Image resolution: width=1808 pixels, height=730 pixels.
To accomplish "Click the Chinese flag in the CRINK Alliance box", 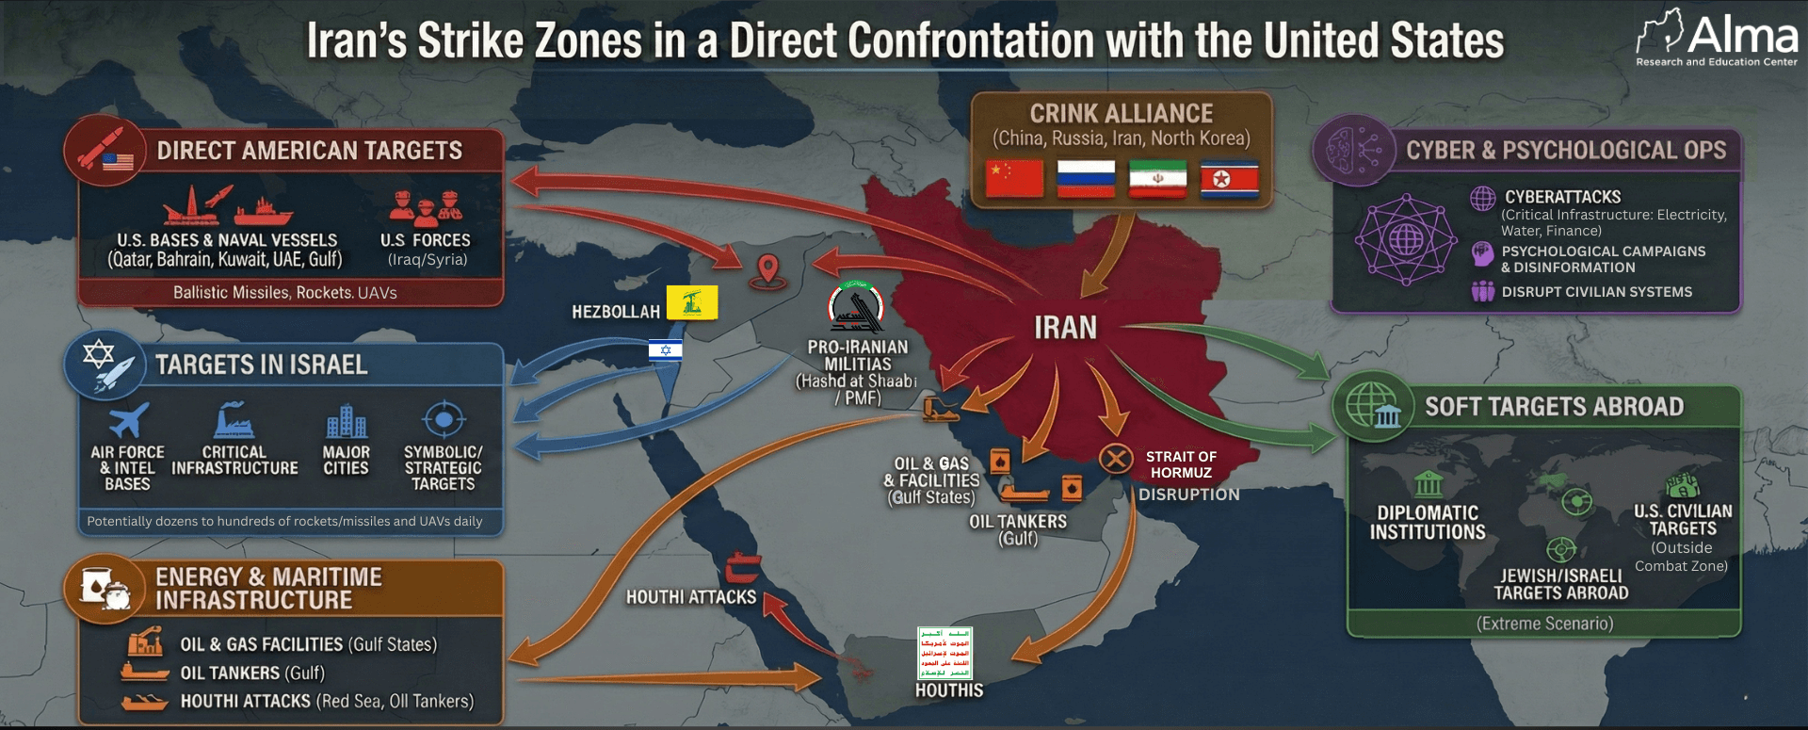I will [1014, 178].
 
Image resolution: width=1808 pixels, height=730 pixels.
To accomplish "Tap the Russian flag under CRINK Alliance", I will [1086, 178].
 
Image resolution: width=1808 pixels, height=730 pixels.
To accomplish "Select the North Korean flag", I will [1229, 179].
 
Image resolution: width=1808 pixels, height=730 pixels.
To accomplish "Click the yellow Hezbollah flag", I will [692, 302].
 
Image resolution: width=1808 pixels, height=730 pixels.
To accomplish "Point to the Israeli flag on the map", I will [665, 350].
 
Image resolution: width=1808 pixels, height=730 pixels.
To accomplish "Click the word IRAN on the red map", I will [1065, 328].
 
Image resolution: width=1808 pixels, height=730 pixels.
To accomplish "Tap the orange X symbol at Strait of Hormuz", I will [1116, 459].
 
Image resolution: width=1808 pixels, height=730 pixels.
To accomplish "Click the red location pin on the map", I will [768, 270].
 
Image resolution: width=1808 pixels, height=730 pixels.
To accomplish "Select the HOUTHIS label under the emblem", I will [948, 690].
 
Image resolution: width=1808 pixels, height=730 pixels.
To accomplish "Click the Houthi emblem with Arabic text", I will [944, 653].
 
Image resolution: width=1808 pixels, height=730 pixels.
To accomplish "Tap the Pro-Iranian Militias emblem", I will [856, 307].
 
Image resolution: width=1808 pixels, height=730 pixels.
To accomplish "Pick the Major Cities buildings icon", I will [346, 422].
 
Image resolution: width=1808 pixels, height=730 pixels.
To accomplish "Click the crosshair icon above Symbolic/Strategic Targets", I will [444, 419].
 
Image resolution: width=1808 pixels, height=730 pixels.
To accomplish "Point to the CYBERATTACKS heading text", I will [1562, 197].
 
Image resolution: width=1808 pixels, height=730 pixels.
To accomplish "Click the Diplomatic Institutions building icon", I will [1428, 484].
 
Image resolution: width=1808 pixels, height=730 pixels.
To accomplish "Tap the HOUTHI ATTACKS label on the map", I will [691, 597].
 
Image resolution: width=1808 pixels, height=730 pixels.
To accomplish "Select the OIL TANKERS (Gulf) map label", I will [1018, 529].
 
